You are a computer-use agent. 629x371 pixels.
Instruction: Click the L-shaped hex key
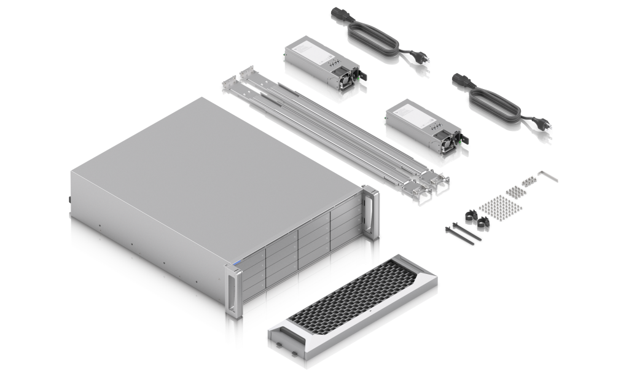549,176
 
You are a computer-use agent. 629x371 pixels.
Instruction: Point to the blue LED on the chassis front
235,265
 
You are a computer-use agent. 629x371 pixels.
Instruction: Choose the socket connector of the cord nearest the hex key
462,82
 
